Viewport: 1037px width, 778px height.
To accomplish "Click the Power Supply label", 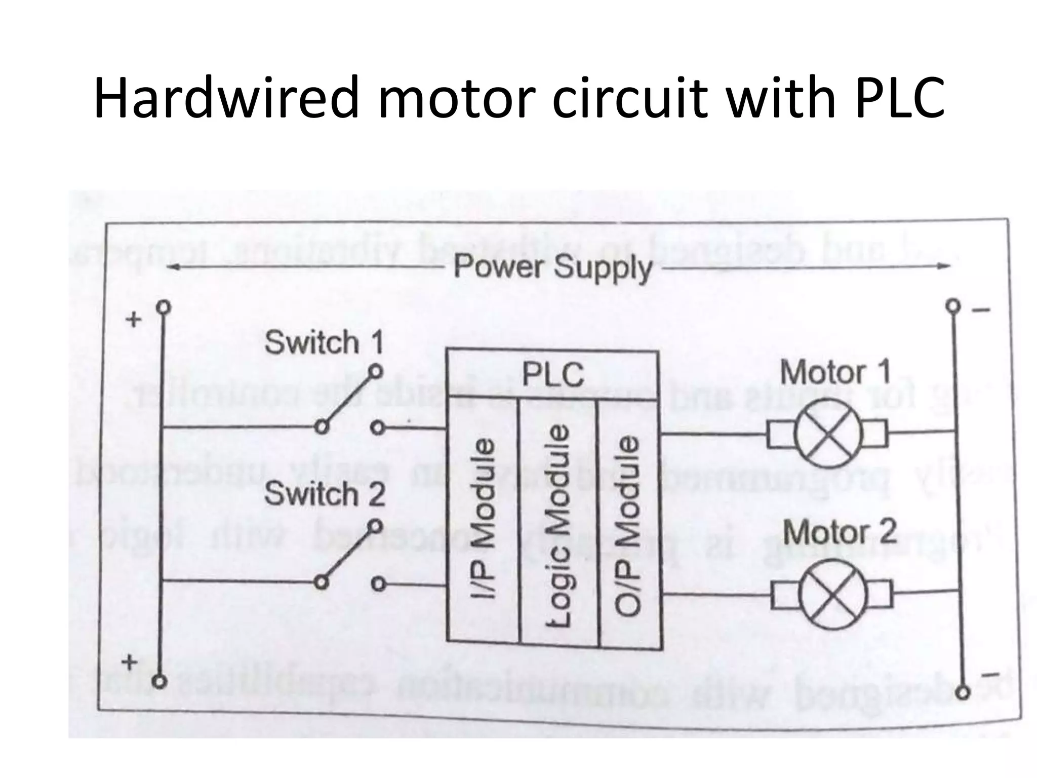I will click(x=552, y=267).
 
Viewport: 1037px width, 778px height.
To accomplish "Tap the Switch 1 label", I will click(x=324, y=343).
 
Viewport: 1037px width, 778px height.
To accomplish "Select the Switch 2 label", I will click(x=325, y=494).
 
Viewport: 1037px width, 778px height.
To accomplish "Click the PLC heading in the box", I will click(x=552, y=375).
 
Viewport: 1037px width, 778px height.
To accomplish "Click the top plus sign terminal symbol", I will click(x=134, y=320).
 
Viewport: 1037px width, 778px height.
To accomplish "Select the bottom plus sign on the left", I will click(x=131, y=662).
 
